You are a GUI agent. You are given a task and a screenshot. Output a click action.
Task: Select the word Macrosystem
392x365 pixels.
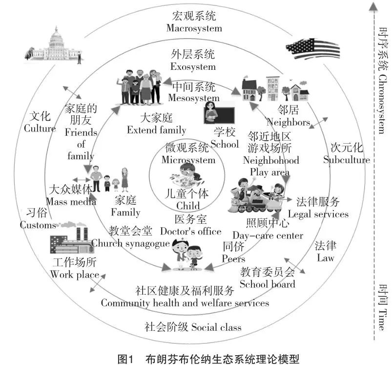click(x=194, y=28)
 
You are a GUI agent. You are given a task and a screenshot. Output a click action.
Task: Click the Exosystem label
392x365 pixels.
click(x=193, y=66)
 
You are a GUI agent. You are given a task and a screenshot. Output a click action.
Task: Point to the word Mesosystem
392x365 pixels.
click(x=194, y=98)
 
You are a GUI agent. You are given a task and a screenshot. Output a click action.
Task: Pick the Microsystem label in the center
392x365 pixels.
click(x=188, y=160)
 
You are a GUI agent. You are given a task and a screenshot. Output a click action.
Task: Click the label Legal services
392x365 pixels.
click(x=318, y=214)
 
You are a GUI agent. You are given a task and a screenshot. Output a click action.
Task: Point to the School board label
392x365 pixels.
click(x=268, y=284)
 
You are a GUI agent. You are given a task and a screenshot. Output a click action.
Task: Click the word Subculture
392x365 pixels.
click(x=347, y=160)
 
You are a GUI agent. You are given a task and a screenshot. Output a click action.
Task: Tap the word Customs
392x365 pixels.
click(x=38, y=225)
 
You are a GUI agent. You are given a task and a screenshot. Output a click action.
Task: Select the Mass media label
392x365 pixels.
click(x=71, y=201)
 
